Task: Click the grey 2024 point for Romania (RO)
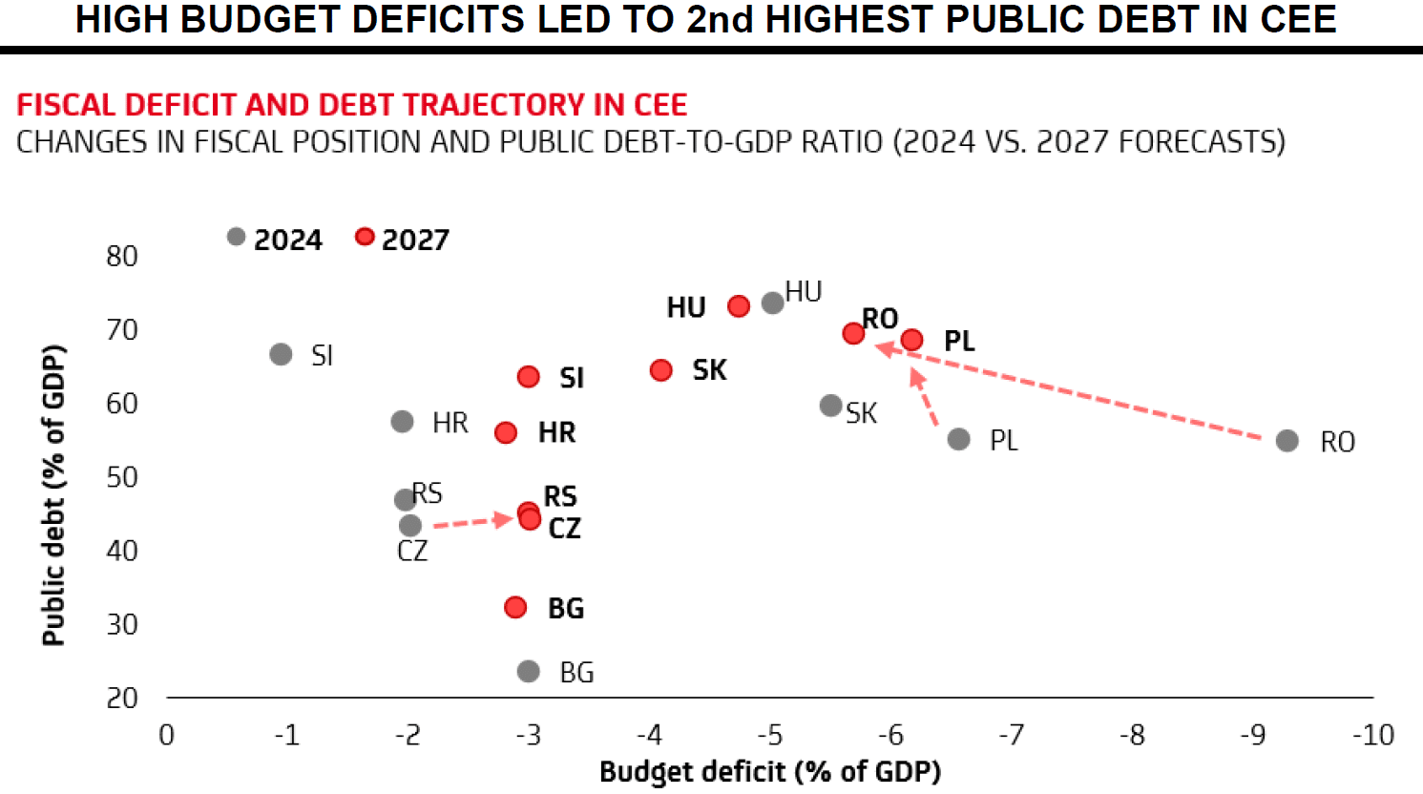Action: [1287, 440]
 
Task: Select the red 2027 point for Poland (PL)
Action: [911, 340]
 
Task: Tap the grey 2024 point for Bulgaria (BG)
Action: [528, 671]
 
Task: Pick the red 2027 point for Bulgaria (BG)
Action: [515, 607]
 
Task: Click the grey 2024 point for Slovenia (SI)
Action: [281, 354]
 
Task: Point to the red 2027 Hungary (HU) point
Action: [738, 306]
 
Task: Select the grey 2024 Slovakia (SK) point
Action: [831, 406]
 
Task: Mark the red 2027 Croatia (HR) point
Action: [506, 432]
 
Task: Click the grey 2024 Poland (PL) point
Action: [958, 439]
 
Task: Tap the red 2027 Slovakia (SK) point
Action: [660, 369]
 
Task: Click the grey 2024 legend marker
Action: [237, 237]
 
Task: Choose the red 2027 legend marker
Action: [365, 237]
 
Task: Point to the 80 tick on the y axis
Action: [122, 256]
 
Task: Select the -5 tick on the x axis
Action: [769, 735]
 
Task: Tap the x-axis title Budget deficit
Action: [769, 771]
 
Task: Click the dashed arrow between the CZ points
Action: [472, 521]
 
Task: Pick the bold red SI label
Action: [572, 378]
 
